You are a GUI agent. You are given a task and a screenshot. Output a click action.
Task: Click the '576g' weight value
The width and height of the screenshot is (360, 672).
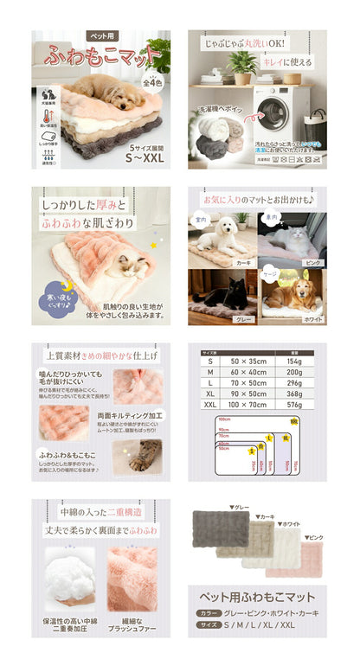pyautogui.click(x=288, y=403)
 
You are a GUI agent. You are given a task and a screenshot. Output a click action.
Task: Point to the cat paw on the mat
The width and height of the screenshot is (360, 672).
pyautogui.click(x=144, y=454)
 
